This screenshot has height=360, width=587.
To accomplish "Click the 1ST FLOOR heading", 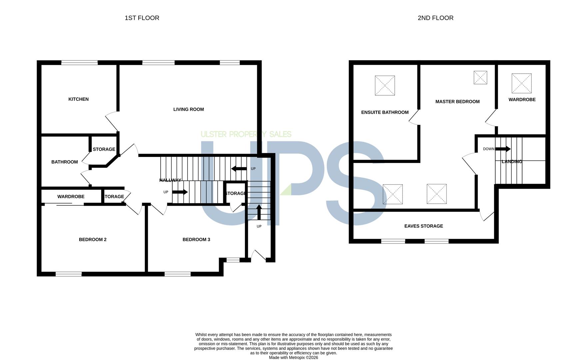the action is [142, 18].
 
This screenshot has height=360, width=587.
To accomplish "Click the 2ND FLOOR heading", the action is [435, 18].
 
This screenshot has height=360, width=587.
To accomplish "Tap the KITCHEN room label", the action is [78, 99].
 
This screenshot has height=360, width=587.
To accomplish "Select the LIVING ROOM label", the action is [189, 109].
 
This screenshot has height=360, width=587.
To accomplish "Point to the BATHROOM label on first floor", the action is [65, 162].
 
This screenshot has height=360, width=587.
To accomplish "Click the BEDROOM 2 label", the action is [93, 239].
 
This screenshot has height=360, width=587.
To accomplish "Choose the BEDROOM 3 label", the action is [196, 239].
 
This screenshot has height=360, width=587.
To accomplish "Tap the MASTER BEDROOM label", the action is [457, 102].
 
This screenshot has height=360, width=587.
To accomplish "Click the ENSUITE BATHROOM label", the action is [385, 112].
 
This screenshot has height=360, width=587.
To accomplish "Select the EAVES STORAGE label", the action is [423, 226].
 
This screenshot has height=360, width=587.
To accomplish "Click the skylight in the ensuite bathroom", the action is [385, 86].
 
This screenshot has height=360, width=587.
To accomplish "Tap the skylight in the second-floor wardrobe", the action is [522, 83].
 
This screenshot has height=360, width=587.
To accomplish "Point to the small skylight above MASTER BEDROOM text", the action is [480, 78].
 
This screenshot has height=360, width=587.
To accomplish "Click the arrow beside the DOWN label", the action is [503, 149].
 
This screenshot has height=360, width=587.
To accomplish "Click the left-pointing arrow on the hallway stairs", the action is [239, 169].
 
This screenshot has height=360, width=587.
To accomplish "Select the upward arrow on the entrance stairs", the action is [259, 212].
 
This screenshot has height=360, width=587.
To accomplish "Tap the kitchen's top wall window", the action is [79, 63].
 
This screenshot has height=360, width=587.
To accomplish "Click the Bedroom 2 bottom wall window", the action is [69, 274].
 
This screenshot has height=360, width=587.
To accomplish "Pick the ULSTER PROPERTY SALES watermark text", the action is [246, 134].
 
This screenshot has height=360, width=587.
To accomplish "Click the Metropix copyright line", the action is [293, 358].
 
